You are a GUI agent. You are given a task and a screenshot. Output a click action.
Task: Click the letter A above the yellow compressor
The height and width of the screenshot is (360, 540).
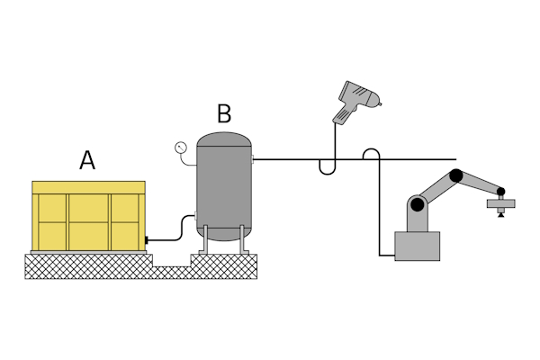(x=87, y=160)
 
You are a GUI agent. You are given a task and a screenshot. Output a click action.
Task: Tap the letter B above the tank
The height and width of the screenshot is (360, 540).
(x=224, y=114)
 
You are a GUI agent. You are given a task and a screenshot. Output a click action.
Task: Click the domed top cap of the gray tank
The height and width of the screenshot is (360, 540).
(x=224, y=140)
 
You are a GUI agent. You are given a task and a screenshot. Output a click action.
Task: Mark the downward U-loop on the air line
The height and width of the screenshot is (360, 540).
(x=328, y=167)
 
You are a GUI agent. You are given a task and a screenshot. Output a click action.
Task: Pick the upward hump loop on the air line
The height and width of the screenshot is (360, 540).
(x=370, y=154)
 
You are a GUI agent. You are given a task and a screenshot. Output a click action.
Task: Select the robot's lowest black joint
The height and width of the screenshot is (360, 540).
(x=418, y=204)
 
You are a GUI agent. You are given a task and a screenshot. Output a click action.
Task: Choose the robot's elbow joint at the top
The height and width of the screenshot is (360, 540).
(x=457, y=175)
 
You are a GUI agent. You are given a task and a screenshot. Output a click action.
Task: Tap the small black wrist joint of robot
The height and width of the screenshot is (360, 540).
(x=497, y=193)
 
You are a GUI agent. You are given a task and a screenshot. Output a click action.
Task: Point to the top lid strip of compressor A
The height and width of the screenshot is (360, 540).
(x=88, y=186)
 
